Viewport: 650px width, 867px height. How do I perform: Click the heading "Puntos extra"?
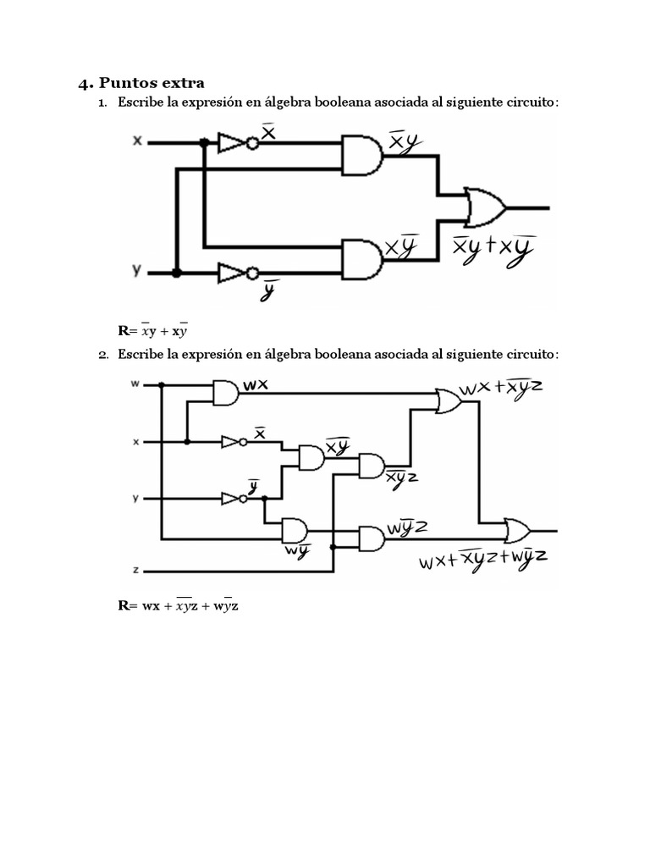point(151,83)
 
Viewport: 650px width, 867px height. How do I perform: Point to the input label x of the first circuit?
point(137,141)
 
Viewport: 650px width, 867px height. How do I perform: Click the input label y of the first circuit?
point(137,270)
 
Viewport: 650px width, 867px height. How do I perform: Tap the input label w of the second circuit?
point(135,384)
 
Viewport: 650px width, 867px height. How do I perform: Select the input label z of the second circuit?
point(135,570)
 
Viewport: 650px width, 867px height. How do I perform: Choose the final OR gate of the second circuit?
point(517,531)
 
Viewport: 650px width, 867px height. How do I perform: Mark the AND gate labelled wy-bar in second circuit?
point(295,531)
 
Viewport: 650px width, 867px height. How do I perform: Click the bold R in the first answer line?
point(122,331)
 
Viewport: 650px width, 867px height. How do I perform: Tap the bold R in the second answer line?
point(122,606)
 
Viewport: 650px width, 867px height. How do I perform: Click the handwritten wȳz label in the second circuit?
point(407,527)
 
